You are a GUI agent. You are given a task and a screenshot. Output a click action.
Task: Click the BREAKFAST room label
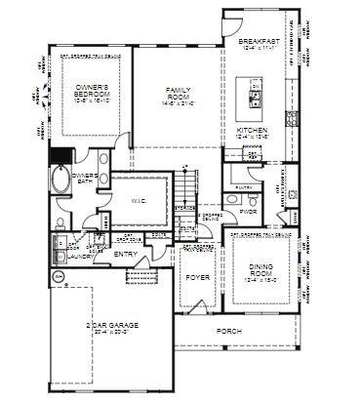(x=260, y=42)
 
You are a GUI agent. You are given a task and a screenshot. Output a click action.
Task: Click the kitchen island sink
(x=256, y=99)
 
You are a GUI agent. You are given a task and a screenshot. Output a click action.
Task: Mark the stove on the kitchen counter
(x=291, y=118)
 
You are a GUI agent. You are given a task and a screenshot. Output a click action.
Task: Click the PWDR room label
(x=249, y=210)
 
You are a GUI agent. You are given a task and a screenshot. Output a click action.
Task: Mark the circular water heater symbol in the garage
(x=58, y=276)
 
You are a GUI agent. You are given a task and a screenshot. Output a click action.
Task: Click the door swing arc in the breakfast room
(x=234, y=23)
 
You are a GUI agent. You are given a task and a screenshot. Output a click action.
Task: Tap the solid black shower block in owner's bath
(x=61, y=156)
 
